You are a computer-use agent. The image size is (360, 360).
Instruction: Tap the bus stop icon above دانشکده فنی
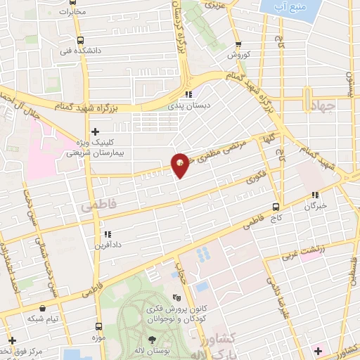79,40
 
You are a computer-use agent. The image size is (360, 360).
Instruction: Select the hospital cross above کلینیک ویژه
96,131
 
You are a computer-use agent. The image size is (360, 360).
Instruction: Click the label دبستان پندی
185,105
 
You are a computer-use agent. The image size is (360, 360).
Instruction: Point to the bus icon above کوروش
238,44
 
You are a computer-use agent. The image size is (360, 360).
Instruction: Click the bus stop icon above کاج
276,207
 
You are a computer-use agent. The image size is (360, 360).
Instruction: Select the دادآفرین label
108,245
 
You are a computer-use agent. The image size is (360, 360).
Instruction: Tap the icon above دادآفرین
108,234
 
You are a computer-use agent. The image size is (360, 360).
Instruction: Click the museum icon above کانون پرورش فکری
176,297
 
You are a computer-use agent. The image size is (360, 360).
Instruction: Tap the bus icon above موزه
98,326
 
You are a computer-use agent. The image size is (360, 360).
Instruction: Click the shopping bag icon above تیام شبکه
43,307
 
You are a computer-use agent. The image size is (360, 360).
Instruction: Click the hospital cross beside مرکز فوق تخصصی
13,341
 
